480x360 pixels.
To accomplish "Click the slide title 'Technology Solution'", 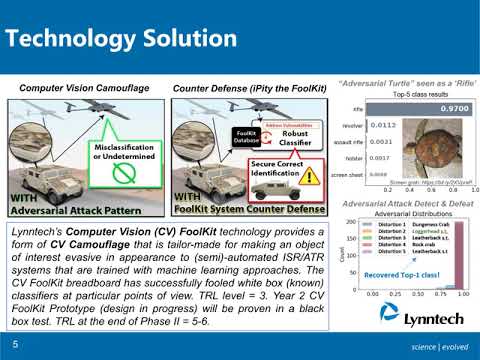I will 118,39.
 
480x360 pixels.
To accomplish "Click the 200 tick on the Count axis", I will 353,222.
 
